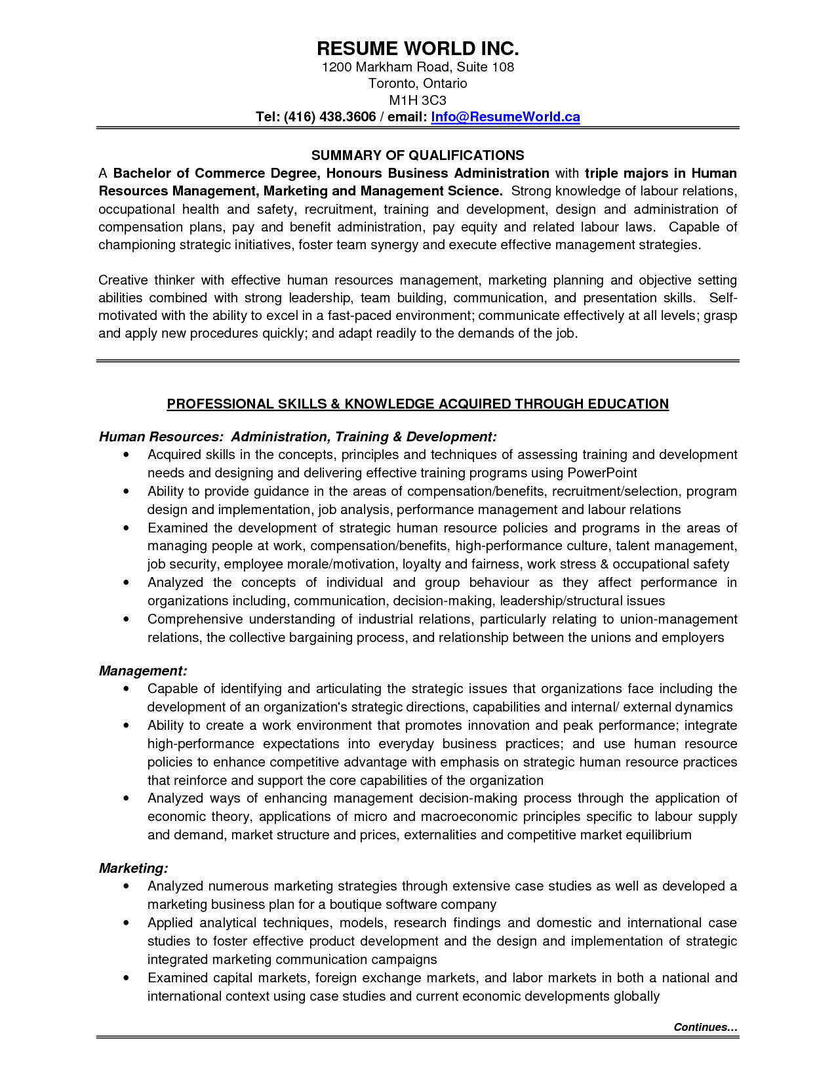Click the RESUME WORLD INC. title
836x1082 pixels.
pos(418,49)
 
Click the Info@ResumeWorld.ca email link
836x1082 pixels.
pos(505,117)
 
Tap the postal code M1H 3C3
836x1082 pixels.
pos(418,100)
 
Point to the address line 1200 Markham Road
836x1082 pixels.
pos(418,67)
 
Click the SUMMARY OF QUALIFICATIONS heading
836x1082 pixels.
pos(418,155)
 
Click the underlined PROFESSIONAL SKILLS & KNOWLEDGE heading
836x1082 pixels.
pos(418,404)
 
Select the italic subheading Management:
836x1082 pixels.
pos(143,671)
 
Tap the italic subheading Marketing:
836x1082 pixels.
pos(133,868)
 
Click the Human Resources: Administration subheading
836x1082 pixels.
pos(297,437)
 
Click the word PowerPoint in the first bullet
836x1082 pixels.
pos(602,473)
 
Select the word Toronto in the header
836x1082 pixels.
pos(392,83)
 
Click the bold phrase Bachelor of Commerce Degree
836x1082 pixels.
pos(216,173)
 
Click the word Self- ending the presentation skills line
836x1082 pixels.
pos(723,298)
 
